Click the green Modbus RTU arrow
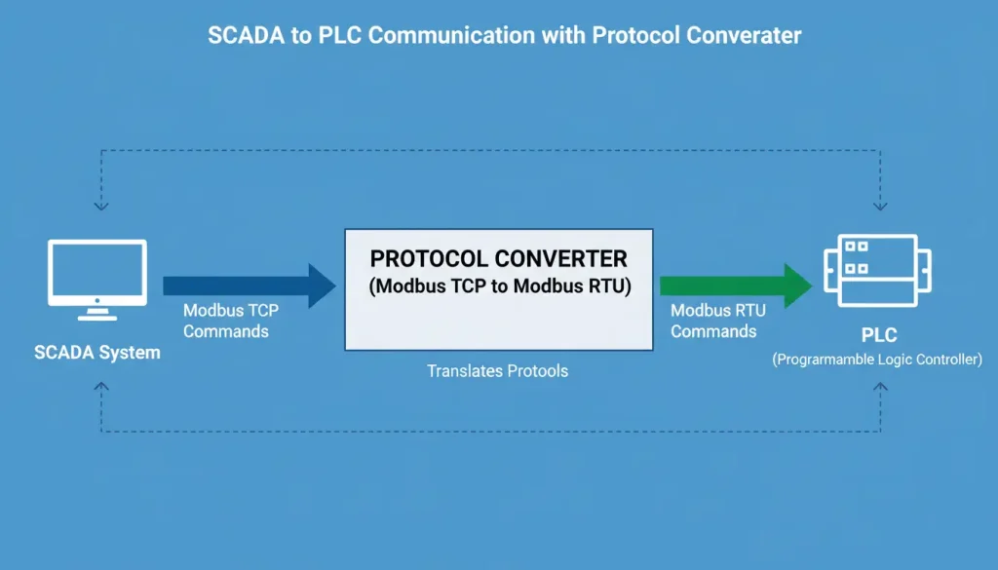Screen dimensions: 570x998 tap(735, 285)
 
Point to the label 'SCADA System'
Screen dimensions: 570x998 tap(97, 353)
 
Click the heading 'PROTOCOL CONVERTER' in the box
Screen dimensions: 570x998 tap(498, 259)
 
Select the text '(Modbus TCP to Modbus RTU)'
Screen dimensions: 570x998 tap(498, 286)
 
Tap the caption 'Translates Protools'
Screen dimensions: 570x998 tap(497, 371)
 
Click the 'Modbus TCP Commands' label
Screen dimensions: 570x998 tap(225, 321)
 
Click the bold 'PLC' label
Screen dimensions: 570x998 tap(877, 336)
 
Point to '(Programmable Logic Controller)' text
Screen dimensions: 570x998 tap(877, 360)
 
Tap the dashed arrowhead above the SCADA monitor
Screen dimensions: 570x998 tap(101, 207)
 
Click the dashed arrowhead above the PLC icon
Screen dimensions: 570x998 tap(880, 207)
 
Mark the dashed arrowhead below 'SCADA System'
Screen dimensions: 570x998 tap(101, 387)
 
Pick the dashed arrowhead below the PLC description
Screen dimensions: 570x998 tap(880, 387)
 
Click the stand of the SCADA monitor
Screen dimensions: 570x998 tap(97, 312)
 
